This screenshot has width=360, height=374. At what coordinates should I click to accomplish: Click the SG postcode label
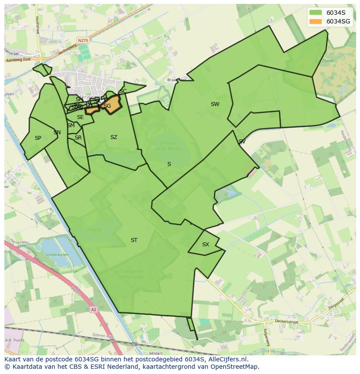[x=107, y=106]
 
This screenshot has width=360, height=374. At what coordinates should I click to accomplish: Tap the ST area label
[x=134, y=240]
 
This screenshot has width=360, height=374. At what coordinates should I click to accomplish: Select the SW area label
[x=215, y=104]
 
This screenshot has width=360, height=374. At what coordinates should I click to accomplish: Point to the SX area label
[x=206, y=245]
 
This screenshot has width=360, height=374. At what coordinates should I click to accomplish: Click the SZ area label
[x=114, y=137]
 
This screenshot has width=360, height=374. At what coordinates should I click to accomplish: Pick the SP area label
[x=38, y=138]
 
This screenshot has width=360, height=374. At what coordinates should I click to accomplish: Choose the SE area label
[x=80, y=117]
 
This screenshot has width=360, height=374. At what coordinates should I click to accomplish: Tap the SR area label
[x=78, y=138]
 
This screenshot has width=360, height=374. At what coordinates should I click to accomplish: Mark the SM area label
[x=71, y=126]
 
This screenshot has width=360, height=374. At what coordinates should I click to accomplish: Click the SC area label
[x=123, y=91]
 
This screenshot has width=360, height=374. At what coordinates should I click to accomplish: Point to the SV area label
[x=242, y=142]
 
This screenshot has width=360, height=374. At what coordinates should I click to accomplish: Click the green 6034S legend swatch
[x=316, y=13]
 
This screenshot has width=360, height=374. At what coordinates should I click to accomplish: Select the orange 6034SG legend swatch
[x=316, y=21]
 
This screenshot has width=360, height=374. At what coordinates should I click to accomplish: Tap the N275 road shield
[x=83, y=40]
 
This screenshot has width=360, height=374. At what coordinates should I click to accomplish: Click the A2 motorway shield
[x=93, y=310]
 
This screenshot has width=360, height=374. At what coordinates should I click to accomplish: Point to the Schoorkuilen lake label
[x=57, y=255]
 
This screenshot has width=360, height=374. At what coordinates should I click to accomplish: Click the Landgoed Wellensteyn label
[x=132, y=274]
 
